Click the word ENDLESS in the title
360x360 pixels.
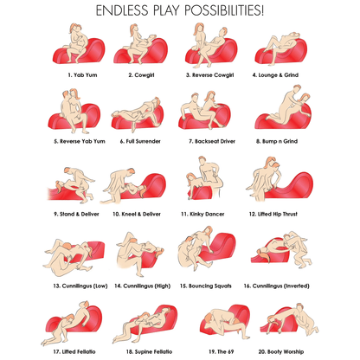122,10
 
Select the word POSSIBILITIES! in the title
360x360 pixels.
224,10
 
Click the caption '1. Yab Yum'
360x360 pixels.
82,75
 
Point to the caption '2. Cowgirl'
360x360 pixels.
141,75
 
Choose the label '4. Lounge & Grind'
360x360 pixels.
275,75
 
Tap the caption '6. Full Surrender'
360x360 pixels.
140,141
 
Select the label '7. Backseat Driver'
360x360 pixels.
212,141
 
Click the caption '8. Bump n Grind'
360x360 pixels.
277,141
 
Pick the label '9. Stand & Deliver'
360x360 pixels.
76,214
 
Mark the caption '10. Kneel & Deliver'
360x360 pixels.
137,214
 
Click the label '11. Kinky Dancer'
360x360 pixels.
202,214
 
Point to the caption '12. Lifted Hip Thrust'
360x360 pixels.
273,214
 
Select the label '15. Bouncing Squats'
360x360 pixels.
206,286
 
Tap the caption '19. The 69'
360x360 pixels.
222,351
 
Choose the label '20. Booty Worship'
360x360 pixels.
281,351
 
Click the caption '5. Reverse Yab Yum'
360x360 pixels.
80,141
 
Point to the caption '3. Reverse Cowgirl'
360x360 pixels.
209,75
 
